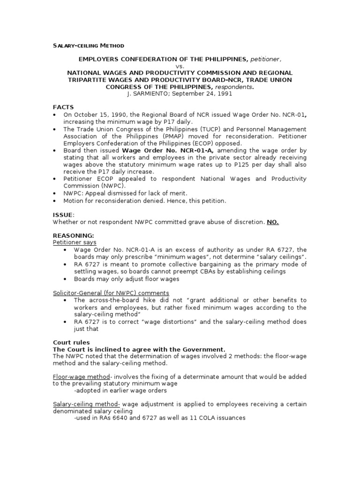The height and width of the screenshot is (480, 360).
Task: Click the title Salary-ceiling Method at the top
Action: [88, 45]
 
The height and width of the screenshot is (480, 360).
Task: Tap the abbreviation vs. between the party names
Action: [180, 67]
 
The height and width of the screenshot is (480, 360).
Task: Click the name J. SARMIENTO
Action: [147, 94]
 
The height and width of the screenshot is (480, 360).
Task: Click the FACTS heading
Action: [63, 107]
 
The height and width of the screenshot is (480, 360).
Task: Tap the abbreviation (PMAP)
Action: [163, 136]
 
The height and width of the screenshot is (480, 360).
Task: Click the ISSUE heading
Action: [63, 214]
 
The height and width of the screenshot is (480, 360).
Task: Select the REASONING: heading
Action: [73, 235]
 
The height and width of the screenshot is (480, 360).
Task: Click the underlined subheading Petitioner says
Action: [75, 242]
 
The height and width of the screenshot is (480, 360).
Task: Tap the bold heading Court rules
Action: [72, 342]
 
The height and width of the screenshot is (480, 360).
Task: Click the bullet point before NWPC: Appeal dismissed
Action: [55, 193]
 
